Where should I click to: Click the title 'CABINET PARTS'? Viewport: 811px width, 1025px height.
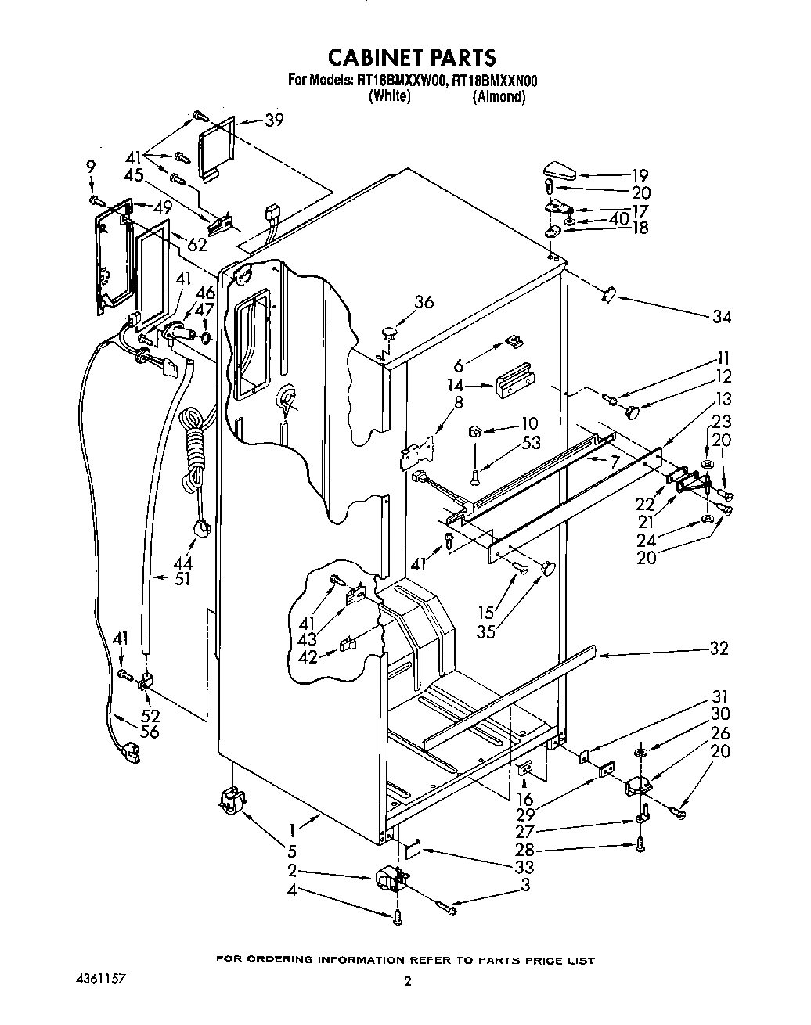(411, 57)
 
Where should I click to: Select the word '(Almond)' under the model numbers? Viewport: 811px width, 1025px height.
(499, 97)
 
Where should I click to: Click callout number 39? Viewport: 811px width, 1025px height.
(274, 120)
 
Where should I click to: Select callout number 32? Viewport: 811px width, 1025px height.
(718, 648)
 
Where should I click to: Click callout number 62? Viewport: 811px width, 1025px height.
(197, 243)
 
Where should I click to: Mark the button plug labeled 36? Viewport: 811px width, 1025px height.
(387, 334)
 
